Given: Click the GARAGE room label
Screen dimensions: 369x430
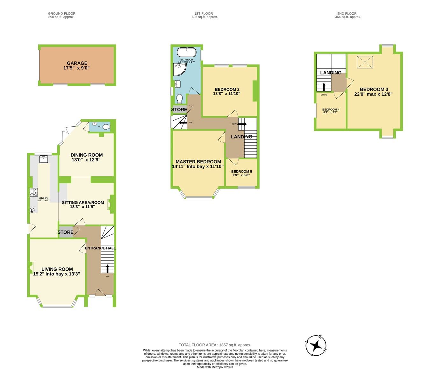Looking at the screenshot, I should tap(77, 63).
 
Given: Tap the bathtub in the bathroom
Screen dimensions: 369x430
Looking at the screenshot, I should tap(187, 52).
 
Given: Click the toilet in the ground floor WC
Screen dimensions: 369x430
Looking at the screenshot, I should tap(106, 127).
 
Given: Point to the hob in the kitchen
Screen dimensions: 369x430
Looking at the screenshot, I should tap(34, 193).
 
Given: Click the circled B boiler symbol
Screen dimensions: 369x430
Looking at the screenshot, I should tap(32, 210).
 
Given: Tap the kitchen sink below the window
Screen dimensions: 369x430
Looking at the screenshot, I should tap(43, 159).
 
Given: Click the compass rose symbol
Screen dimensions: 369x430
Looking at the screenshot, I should tap(316, 345).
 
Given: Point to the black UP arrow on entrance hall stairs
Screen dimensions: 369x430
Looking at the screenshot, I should tap(107, 269).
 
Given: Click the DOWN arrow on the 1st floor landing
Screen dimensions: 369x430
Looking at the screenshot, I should tap(242, 124).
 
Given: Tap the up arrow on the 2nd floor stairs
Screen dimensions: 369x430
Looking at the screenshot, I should tap(324, 87).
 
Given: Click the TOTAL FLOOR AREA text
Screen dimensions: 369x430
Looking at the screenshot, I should tap(215, 345).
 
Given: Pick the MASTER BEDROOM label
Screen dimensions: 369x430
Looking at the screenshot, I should tap(198, 162).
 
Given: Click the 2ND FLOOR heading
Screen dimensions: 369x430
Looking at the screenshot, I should tap(347, 14).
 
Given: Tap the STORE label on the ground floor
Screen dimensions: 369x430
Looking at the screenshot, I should tap(65, 232).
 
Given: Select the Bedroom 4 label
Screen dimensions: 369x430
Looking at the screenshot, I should tap(331, 110).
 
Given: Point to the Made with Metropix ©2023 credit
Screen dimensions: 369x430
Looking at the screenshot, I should tap(215, 367).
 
